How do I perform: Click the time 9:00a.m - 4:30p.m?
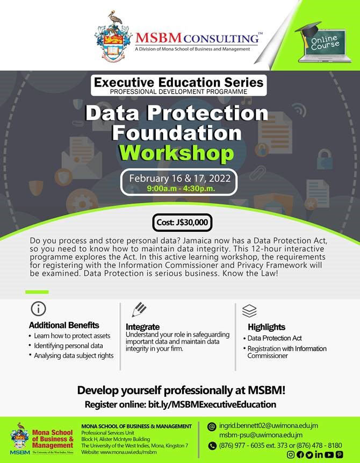point(179,189)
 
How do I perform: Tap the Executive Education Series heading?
point(179,82)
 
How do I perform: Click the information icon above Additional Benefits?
point(38,309)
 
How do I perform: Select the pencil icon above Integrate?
point(139,309)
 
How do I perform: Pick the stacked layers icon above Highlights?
point(249,310)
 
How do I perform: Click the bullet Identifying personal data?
point(68,346)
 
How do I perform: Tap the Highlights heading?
point(267,327)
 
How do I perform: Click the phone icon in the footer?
point(212,445)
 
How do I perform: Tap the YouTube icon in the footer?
point(328,454)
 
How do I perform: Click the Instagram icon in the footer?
point(291,454)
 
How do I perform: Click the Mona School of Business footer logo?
point(43,438)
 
